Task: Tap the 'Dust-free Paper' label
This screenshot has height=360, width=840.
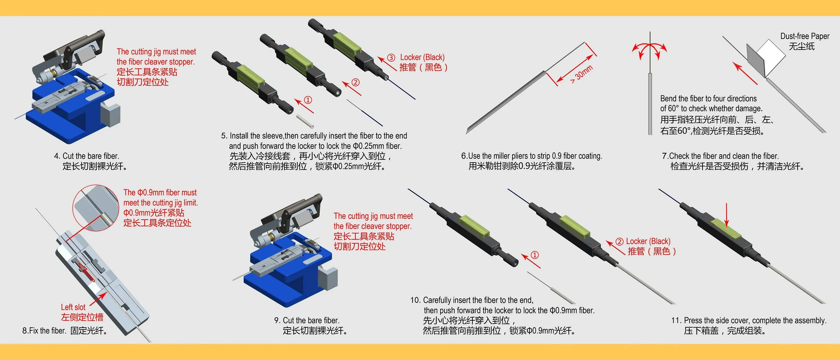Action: pyautogui.click(x=804, y=36)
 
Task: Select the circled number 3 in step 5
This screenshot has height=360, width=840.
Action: pyautogui.click(x=391, y=57)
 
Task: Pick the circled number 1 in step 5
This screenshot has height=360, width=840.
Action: pyautogui.click(x=308, y=100)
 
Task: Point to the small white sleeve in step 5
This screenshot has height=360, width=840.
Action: pyautogui.click(x=305, y=121)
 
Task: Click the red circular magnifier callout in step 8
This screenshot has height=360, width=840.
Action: pyautogui.click(x=96, y=208)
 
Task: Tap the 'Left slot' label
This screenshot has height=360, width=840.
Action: pyautogui.click(x=73, y=307)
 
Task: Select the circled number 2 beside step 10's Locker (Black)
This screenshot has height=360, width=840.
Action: pyautogui.click(x=620, y=242)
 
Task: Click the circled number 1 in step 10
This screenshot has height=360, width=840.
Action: pyautogui.click(x=535, y=255)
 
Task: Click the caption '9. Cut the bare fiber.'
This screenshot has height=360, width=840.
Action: pyautogui.click(x=307, y=320)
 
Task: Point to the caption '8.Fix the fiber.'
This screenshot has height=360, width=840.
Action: pyautogui.click(x=44, y=330)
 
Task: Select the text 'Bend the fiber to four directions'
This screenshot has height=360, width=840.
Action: pyautogui.click(x=708, y=99)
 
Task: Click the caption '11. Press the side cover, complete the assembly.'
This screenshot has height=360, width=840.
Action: pyautogui.click(x=749, y=320)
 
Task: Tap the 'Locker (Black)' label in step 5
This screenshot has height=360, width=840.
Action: pyautogui.click(x=422, y=57)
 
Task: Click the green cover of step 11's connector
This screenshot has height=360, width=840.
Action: pyautogui.click(x=726, y=229)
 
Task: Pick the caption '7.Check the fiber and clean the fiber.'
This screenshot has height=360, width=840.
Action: pyautogui.click(x=720, y=156)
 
